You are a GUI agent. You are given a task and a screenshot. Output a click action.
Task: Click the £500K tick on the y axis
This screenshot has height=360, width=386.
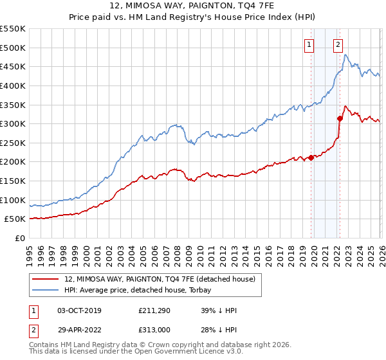[13, 48]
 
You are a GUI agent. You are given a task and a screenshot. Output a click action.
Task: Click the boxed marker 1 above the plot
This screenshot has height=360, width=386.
[309, 44]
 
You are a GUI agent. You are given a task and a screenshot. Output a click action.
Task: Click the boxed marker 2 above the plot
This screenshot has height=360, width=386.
[338, 44]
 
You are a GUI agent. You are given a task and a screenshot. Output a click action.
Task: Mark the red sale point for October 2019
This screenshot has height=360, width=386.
[311, 157]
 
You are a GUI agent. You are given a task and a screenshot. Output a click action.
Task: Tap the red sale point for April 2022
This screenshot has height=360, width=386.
[340, 118]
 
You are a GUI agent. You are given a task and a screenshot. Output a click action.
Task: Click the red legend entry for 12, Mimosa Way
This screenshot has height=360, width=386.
[160, 279]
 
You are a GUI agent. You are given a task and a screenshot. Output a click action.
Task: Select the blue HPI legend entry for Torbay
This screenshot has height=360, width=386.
[142, 290]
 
